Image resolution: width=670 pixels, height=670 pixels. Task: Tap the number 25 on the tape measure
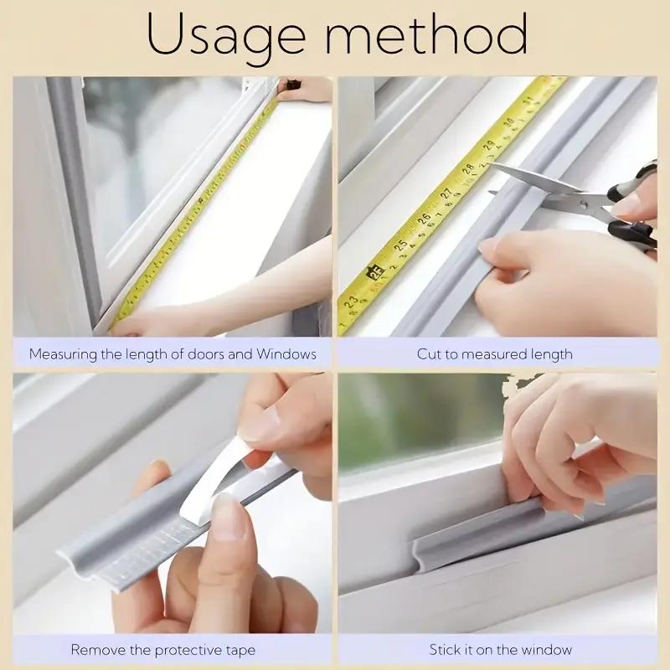[x=401, y=246]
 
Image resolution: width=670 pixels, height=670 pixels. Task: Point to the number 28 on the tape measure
[x=466, y=170]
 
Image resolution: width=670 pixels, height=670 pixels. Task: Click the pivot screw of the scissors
[x=591, y=199]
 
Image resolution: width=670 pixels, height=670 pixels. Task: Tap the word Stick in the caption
[x=446, y=650]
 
